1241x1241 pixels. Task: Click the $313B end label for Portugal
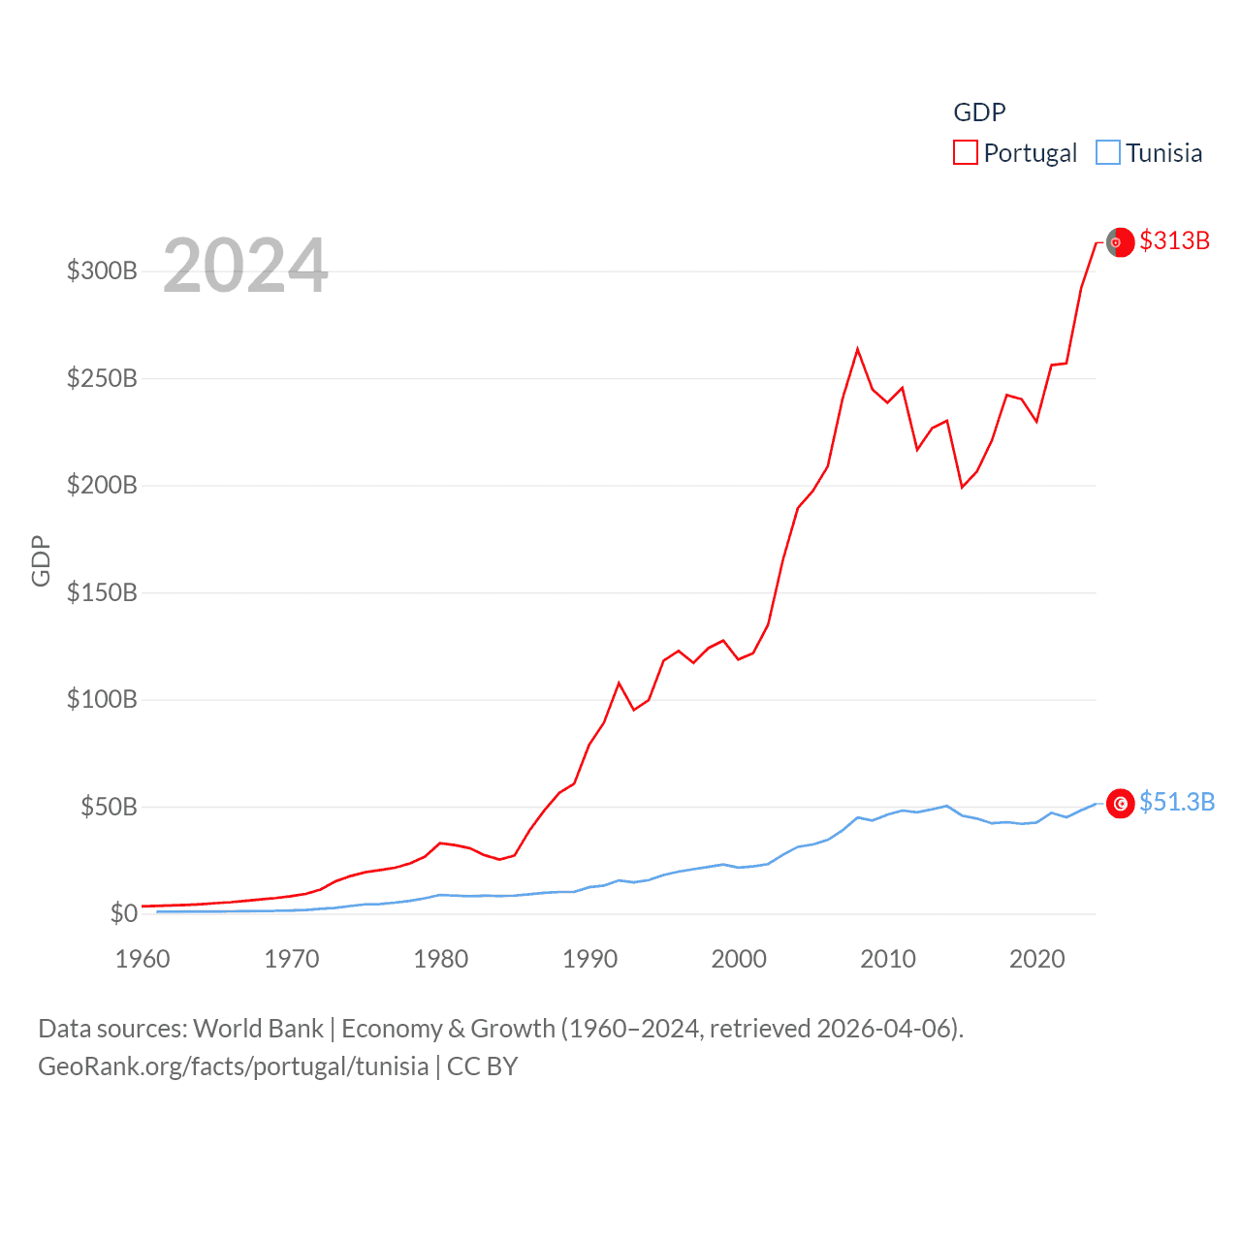coord(1174,240)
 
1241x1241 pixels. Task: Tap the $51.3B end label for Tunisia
coord(1176,802)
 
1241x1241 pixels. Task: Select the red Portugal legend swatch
coord(966,153)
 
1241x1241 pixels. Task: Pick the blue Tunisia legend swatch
coord(1107,153)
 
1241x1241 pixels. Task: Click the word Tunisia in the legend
coord(1163,153)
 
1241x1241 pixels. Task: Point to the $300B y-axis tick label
coord(102,270)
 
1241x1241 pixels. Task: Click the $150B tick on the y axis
coord(102,592)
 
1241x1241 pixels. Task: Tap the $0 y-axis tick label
coord(124,913)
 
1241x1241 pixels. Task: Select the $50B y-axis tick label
coord(109,807)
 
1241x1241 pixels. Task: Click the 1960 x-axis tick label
coord(143,959)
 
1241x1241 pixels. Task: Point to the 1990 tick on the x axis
coord(589,959)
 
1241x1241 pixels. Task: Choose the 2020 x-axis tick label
coord(1036,959)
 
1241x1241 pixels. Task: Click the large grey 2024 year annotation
coord(245,265)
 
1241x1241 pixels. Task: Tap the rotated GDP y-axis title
coord(41,560)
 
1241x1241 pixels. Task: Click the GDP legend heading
coord(979,112)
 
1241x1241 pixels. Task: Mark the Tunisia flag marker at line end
coord(1120,803)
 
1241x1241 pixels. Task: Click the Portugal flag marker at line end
coord(1120,242)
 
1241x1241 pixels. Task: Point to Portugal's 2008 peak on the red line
coord(857,349)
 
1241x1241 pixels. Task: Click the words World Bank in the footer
coord(258,1028)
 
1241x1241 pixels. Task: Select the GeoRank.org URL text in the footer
coord(233,1066)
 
